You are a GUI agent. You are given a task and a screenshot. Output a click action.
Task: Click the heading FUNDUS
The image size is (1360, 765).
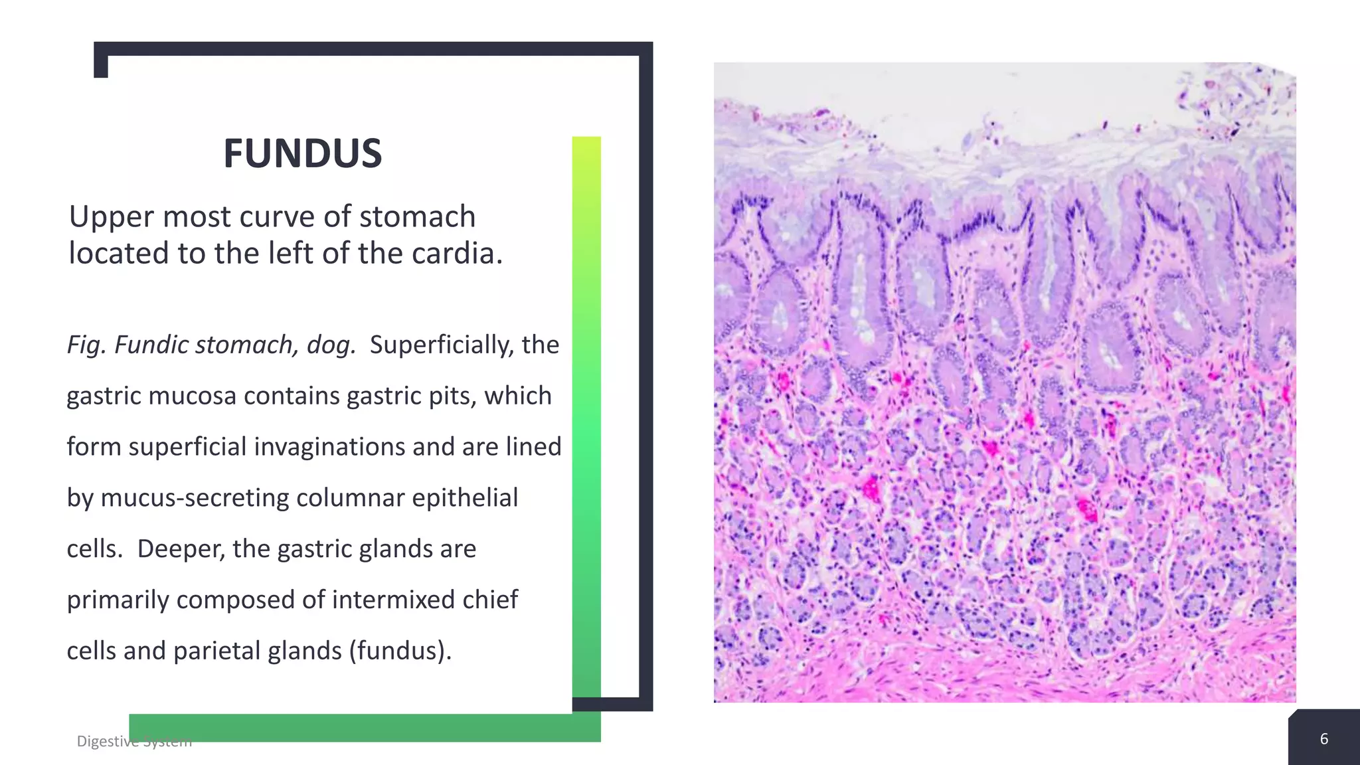[x=302, y=153]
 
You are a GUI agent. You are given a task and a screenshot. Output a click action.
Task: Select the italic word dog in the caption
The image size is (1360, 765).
[x=330, y=345]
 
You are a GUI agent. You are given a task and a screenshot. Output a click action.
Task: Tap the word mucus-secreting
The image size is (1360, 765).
[x=194, y=498]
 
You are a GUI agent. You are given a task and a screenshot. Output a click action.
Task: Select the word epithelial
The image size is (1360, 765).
[x=466, y=498]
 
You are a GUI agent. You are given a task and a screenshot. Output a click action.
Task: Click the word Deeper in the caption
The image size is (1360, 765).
[x=179, y=549]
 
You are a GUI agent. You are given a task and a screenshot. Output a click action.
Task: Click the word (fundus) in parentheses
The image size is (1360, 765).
[x=400, y=651]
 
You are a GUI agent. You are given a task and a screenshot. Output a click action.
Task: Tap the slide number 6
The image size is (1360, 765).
[x=1323, y=739]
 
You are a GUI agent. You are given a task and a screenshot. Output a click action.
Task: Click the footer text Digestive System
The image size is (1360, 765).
[x=134, y=741]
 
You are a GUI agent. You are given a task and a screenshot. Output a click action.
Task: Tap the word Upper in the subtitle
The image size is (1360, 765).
[x=112, y=217]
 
